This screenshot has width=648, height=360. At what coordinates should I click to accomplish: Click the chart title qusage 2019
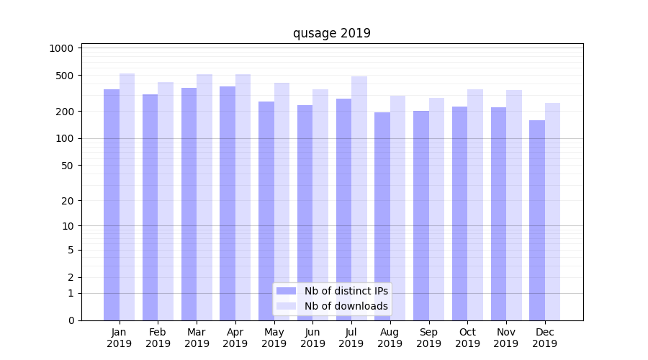(x=331, y=33)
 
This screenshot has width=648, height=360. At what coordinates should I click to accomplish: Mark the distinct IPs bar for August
(x=382, y=216)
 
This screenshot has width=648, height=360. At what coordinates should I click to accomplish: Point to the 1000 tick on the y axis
(x=62, y=48)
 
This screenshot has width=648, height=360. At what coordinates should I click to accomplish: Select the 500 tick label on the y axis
(x=65, y=76)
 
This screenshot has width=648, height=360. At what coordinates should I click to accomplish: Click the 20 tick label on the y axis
(x=68, y=201)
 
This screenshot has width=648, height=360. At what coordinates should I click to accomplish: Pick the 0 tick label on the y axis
(x=71, y=320)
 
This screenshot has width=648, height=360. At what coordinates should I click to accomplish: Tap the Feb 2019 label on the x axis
(x=158, y=338)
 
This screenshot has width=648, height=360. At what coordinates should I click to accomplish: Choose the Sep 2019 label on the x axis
(x=428, y=338)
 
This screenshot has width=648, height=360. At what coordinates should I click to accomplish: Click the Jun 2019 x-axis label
(x=312, y=338)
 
